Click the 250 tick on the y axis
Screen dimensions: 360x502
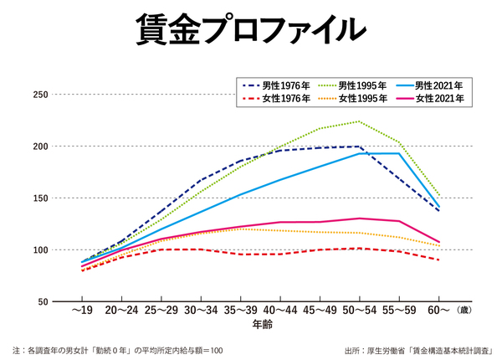[x=38, y=95]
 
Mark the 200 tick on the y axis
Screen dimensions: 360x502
[x=38, y=147]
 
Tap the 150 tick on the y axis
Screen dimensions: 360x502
[x=38, y=198]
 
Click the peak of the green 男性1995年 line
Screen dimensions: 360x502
[x=359, y=121]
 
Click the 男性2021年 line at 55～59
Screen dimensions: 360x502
[x=399, y=153]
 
